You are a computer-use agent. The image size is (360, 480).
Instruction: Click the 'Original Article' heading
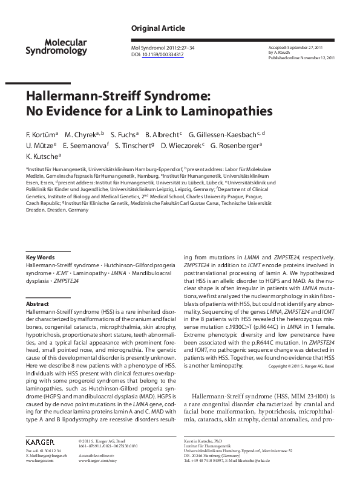[x=158, y=28]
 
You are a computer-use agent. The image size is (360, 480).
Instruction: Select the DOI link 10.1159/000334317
[x=163, y=54]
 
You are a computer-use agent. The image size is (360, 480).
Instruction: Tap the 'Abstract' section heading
[x=38, y=303]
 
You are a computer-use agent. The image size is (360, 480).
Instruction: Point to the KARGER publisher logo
[x=42, y=443]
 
